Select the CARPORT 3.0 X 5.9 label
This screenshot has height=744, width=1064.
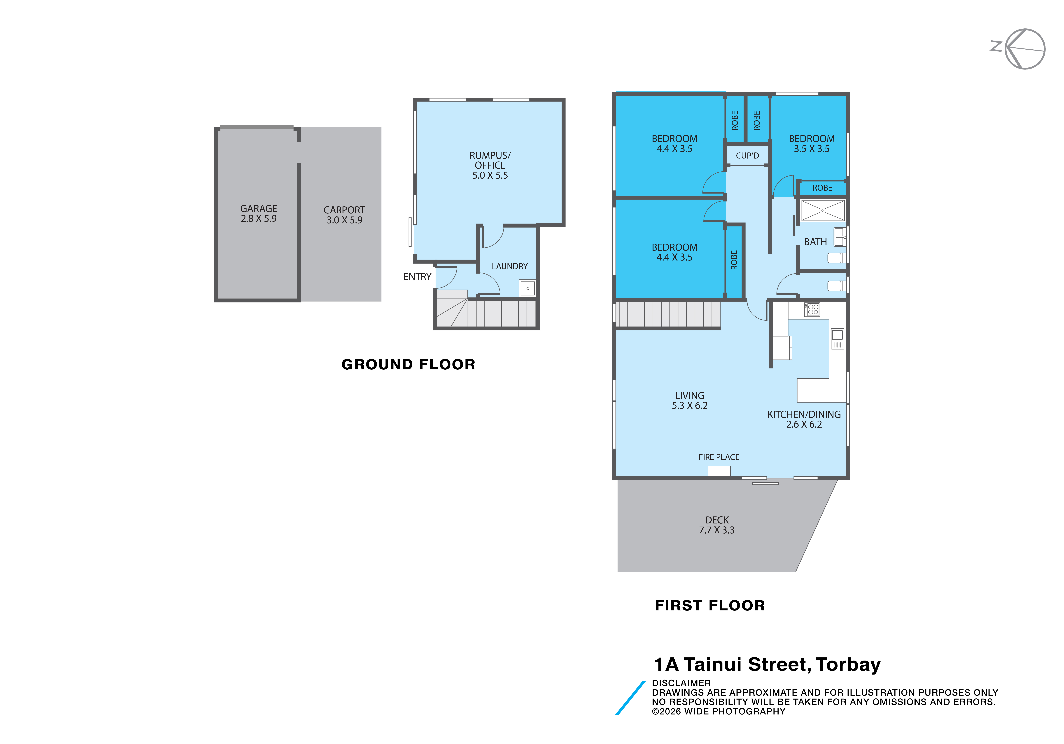tap(344, 215)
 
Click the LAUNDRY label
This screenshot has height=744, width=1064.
tap(510, 266)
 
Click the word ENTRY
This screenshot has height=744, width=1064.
tap(417, 277)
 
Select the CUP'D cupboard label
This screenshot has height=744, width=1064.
tap(747, 156)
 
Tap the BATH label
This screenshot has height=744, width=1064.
tap(815, 242)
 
